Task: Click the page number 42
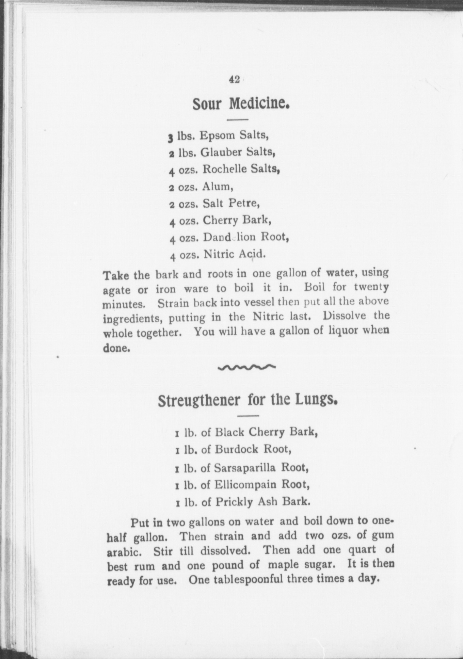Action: pos(234,79)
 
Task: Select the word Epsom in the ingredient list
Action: pos(217,135)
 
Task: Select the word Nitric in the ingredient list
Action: pos(219,254)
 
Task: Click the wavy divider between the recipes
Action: pos(246,367)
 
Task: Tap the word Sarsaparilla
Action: pos(244,468)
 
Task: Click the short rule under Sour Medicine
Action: pos(237,119)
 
